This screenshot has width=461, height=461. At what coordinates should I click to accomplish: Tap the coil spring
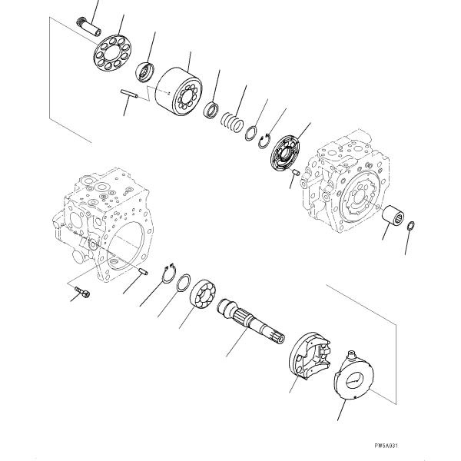[231, 121]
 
